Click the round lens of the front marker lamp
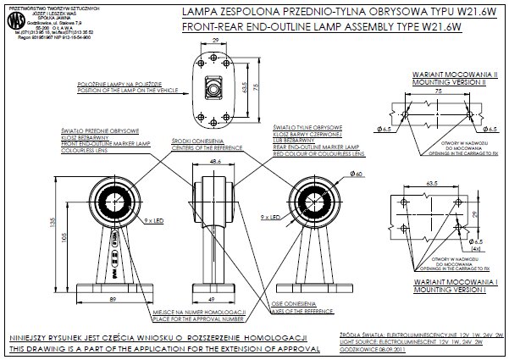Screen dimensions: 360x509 (113, 201)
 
